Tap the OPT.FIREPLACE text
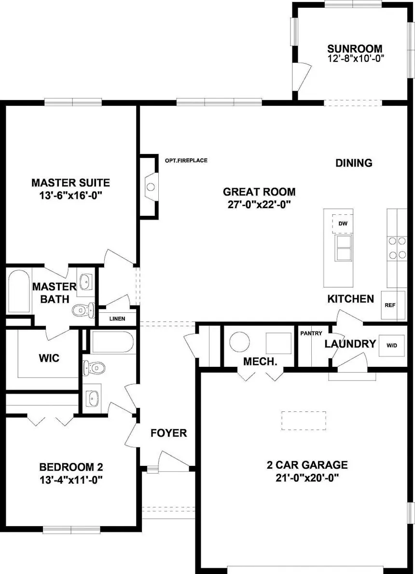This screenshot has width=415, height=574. [186, 160]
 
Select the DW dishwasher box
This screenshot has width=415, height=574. [343, 224]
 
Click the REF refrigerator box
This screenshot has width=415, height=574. [393, 305]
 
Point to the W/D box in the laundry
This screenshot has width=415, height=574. [391, 345]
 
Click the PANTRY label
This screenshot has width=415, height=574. [311, 333]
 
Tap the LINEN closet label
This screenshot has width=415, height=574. [117, 319]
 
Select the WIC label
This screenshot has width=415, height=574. [49, 358]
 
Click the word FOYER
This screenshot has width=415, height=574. [169, 433]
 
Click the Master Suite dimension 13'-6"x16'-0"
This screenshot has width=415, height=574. [70, 196]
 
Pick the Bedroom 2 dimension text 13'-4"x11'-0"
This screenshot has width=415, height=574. [71, 479]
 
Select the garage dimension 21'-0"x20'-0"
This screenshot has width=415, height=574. [307, 478]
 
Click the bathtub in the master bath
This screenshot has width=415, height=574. [19, 292]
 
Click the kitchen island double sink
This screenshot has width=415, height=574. [344, 248]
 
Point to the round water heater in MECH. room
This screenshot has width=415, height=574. [239, 342]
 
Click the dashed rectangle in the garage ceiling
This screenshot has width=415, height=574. [304, 420]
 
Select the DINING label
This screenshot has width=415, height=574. [354, 163]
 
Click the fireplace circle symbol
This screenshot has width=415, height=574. [151, 187]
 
